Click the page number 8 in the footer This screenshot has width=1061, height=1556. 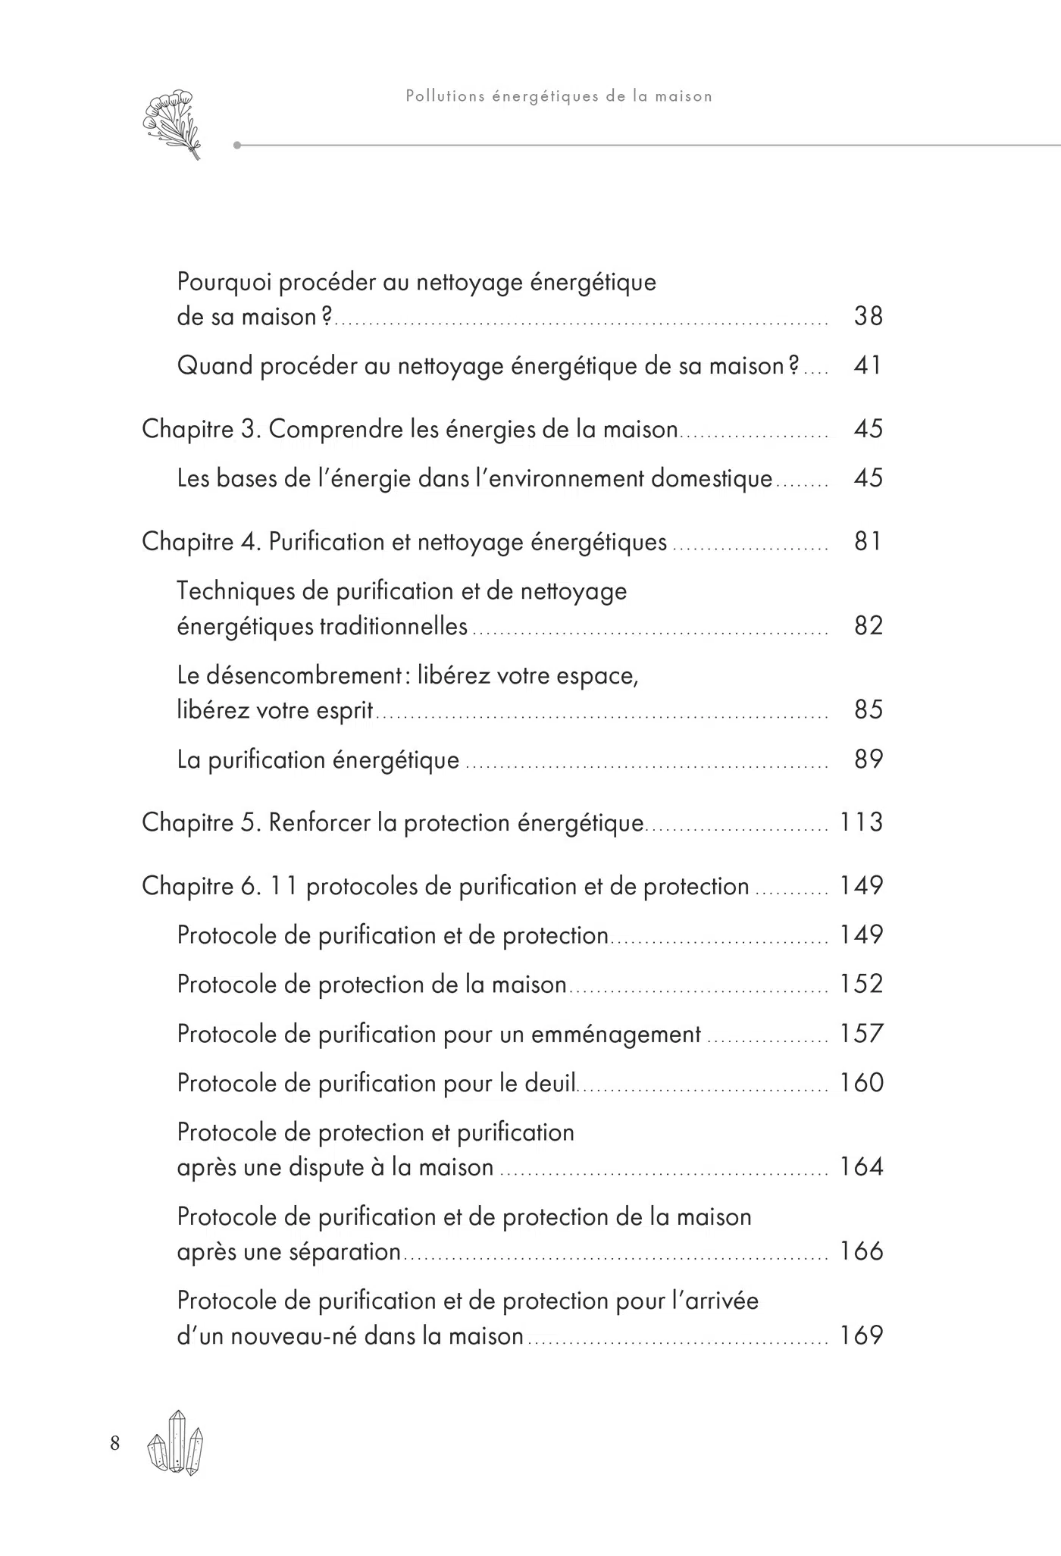[115, 1443]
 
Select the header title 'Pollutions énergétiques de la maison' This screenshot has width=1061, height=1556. [559, 96]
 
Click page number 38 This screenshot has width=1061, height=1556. [868, 316]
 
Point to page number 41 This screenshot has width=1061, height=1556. [868, 365]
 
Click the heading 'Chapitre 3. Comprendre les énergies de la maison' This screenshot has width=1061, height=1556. [410, 430]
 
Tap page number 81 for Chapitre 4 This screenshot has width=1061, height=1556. [868, 542]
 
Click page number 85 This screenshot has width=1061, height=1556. [868, 710]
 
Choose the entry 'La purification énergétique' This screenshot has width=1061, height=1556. [318, 759]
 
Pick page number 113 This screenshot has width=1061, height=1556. [862, 822]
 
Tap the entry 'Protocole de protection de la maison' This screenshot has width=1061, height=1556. [372, 985]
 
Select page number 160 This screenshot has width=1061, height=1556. [862, 1083]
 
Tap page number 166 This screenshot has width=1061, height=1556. [862, 1251]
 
